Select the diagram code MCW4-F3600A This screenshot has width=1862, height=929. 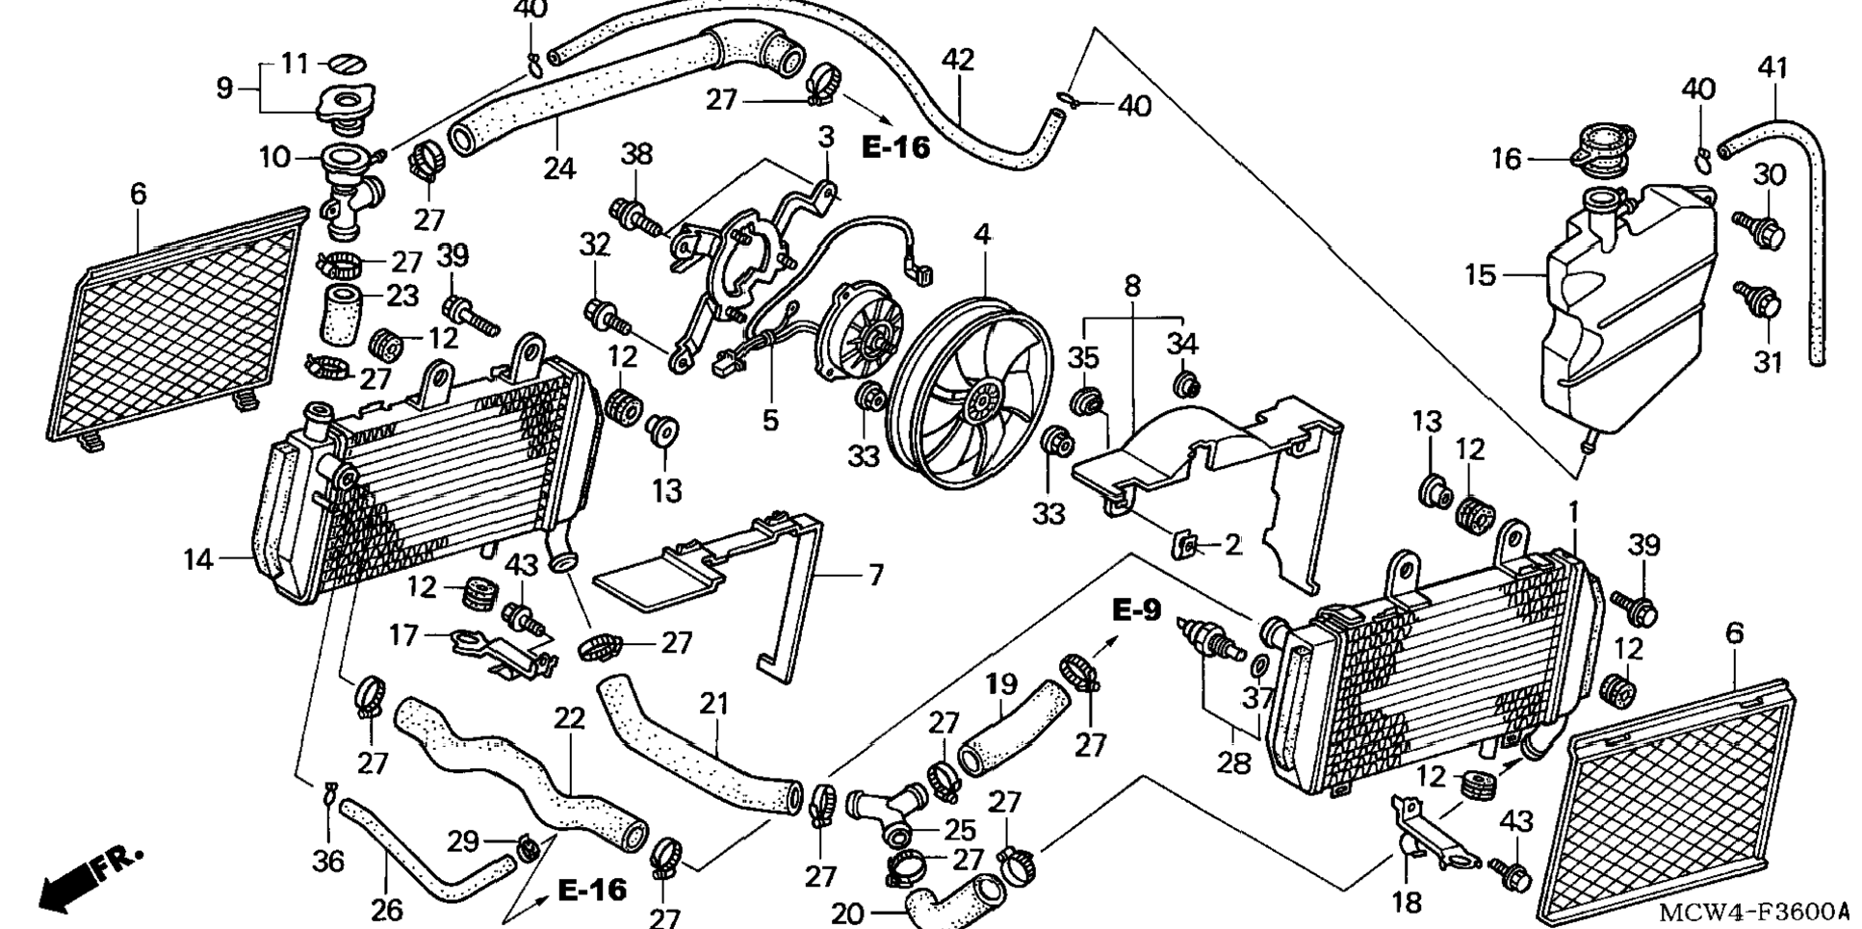[1754, 911]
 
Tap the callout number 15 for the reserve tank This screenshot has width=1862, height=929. [1481, 275]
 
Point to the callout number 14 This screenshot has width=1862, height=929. [198, 558]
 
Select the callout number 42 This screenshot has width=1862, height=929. [958, 60]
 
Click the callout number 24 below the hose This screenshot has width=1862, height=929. [558, 168]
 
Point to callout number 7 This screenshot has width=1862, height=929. [875, 576]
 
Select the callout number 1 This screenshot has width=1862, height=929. [1574, 513]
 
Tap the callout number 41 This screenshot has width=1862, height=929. [1772, 68]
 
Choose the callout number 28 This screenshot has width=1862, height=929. [1234, 762]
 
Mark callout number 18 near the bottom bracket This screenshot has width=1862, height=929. [1406, 901]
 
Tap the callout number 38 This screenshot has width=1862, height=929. [636, 154]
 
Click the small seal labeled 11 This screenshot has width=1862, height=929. [348, 64]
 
